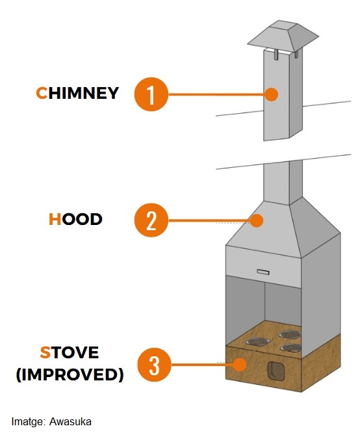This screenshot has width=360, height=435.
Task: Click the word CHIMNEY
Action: point(77,93)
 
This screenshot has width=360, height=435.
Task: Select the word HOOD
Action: point(75,219)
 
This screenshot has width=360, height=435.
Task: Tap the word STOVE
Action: point(70,352)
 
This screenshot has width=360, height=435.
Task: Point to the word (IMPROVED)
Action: point(70,375)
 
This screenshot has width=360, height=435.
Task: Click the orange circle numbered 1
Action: point(151,94)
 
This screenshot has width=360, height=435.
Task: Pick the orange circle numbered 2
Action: point(151,220)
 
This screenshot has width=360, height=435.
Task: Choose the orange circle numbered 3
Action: point(155,365)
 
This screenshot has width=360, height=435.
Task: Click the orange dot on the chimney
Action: point(271,94)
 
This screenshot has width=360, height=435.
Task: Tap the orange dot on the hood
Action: point(256,220)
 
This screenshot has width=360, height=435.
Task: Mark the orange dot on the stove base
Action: point(239,365)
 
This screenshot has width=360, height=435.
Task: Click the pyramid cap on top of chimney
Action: point(283,36)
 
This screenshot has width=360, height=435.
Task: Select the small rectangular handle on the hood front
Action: point(263,272)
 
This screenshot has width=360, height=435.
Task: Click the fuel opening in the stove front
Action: point(276,371)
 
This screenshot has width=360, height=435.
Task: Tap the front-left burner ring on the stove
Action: point(258,341)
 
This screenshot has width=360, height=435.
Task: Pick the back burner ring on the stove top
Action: point(290,334)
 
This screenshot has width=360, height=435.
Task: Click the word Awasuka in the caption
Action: point(70,422)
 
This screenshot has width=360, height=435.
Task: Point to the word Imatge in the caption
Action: point(27,422)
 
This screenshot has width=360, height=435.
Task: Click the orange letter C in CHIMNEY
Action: point(42,93)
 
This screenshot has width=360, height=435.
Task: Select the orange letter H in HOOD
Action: point(55,219)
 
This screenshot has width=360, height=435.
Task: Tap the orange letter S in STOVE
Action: point(45,352)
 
